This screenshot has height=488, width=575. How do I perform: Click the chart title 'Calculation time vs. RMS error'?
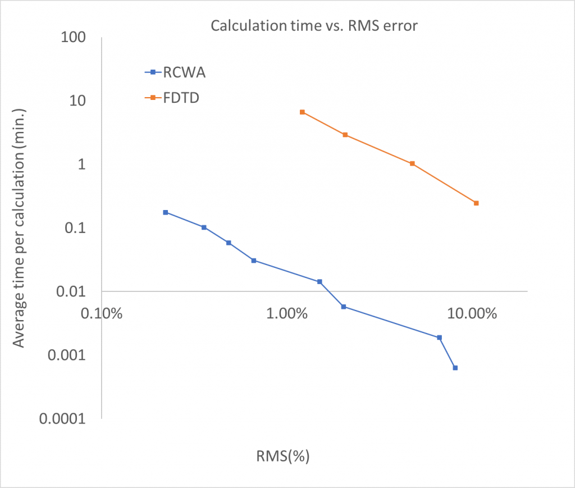[314, 26]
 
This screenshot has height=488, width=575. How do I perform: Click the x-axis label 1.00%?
[286, 312]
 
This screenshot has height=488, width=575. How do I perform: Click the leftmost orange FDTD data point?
[302, 112]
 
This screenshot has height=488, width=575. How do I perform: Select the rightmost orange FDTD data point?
[476, 203]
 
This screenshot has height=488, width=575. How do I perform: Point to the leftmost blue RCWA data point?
[165, 212]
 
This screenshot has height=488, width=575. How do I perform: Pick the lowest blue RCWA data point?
[455, 368]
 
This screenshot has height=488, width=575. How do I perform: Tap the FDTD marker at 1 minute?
[412, 163]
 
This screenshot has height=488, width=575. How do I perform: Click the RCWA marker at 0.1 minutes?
[204, 227]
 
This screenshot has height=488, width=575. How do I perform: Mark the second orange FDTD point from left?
[345, 135]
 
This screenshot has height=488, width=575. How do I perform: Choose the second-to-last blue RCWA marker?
[439, 338]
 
